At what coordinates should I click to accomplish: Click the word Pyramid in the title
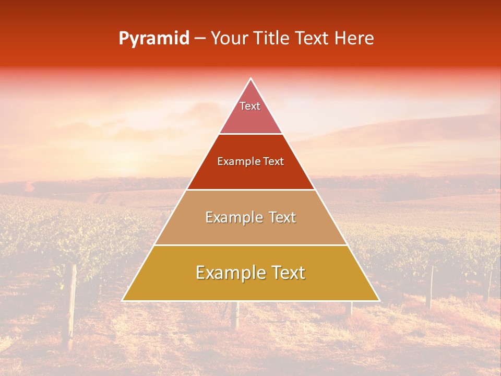(154, 39)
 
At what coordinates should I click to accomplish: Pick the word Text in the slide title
(313, 39)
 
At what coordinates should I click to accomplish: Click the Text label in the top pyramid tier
(250, 106)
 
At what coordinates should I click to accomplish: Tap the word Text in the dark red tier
(274, 162)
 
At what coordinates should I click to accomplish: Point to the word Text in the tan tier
(280, 217)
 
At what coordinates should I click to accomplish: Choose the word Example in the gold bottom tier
(228, 273)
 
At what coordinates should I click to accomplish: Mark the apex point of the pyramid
(250, 79)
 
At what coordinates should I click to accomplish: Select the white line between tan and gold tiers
(250, 245)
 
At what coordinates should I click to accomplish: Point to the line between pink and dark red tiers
(250, 134)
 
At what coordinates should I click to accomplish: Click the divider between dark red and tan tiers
(250, 190)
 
